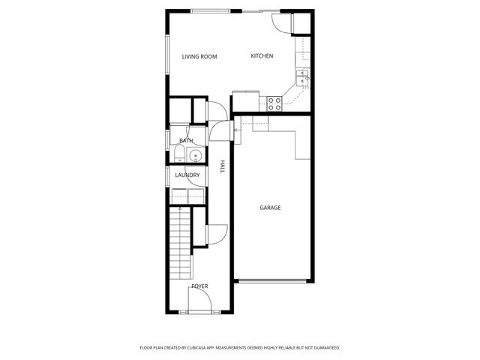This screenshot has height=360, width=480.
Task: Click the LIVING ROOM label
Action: tap(199, 56)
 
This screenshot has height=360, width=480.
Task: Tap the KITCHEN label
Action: tap(262, 56)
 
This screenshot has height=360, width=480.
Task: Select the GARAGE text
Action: tap(270, 208)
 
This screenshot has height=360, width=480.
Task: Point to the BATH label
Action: tap(186, 140)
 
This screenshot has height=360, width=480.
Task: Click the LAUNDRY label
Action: tap(187, 175)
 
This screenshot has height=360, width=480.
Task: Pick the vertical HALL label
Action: tap(222, 166)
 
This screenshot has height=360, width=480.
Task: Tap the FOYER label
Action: tap(199, 286)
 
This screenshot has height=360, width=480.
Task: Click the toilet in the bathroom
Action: tap(180, 156)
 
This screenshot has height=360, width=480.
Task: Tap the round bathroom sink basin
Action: tap(195, 156)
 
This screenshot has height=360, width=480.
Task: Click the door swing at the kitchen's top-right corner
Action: tap(281, 22)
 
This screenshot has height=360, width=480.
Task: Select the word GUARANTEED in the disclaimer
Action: tap(324, 348)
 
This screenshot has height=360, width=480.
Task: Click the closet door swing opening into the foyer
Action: tap(215, 233)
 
